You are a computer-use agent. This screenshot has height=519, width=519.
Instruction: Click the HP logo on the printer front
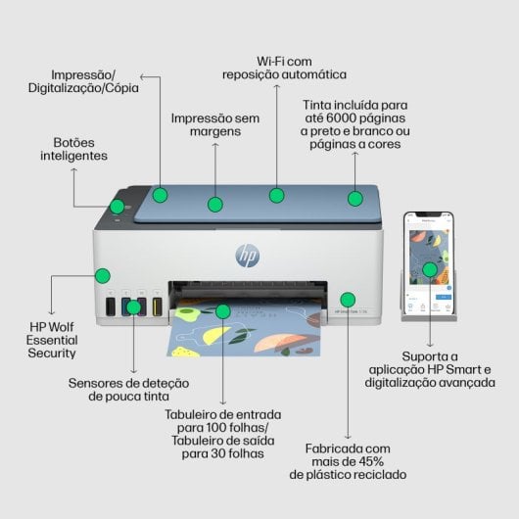tap(248, 257)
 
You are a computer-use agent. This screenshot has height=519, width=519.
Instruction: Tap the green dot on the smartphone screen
tap(429, 269)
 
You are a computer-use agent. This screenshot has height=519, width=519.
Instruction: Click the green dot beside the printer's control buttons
tap(118, 207)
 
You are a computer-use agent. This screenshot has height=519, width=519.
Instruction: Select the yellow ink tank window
tap(157, 307)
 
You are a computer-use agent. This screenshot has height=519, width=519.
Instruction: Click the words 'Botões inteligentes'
tap(73, 148)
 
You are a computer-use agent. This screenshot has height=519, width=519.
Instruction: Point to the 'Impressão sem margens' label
tap(215, 125)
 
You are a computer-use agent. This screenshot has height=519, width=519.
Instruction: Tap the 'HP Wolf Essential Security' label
tap(52, 338)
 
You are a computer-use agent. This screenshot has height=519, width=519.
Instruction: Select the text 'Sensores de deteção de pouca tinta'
tap(128, 390)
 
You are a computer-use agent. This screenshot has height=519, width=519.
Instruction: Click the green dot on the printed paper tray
tap(222, 312)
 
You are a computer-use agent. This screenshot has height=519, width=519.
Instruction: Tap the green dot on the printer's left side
tap(101, 276)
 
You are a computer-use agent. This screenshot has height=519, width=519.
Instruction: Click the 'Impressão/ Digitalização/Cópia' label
tap(83, 80)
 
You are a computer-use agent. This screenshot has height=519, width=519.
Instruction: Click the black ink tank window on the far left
tap(111, 307)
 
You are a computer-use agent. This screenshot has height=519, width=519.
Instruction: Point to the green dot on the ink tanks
tap(134, 307)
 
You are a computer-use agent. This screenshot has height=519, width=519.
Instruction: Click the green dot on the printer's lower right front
tap(347, 299)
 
